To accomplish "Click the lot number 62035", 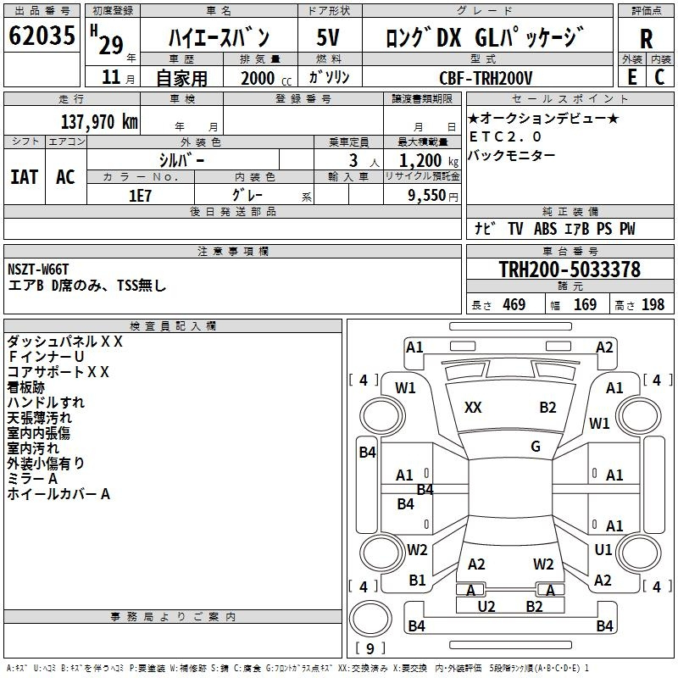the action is (42, 35).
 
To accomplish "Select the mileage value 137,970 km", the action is (99, 122).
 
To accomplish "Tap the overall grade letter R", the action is (646, 39).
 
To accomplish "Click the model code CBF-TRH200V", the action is (486, 78).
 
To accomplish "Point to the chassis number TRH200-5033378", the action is (570, 269).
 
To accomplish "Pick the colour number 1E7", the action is (140, 196).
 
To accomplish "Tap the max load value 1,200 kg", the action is (429, 160).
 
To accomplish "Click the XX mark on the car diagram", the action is (473, 408).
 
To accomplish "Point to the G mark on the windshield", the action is (536, 447).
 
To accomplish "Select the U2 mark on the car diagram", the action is (486, 607).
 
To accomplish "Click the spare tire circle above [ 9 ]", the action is (370, 618).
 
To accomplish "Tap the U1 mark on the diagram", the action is (603, 549).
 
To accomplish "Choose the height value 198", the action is (653, 304).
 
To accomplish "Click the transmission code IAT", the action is (25, 177).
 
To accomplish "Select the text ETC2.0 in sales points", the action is (505, 136).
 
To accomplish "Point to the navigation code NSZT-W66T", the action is (38, 270).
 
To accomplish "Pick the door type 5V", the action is (328, 37).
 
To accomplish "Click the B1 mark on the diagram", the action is (417, 580).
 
